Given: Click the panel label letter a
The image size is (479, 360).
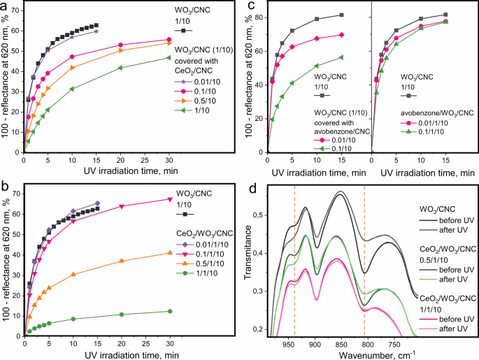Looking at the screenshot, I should [x=6, y=7].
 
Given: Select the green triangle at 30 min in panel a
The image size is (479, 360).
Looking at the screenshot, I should [x=168, y=57].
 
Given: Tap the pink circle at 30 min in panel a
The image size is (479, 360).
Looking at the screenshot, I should [x=168, y=40].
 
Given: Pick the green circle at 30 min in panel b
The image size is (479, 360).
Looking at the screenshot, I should [x=168, y=311].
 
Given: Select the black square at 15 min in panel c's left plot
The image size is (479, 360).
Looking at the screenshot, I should [x=341, y=15].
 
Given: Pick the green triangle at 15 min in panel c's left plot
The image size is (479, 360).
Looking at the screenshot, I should [x=341, y=57].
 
